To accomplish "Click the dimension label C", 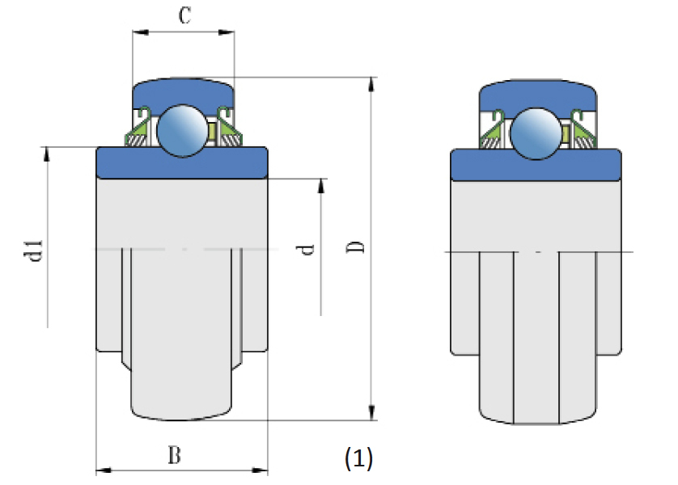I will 184,15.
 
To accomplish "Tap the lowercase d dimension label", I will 306,249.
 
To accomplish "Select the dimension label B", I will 174,456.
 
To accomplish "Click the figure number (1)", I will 358,459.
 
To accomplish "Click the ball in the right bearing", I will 536,132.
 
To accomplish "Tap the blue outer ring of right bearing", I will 538,94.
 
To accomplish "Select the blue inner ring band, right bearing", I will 536,165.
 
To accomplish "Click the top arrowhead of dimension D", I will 371,84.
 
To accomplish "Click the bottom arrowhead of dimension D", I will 371,414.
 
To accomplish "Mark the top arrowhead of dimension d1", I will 47,154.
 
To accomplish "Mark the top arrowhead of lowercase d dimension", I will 322,184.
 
